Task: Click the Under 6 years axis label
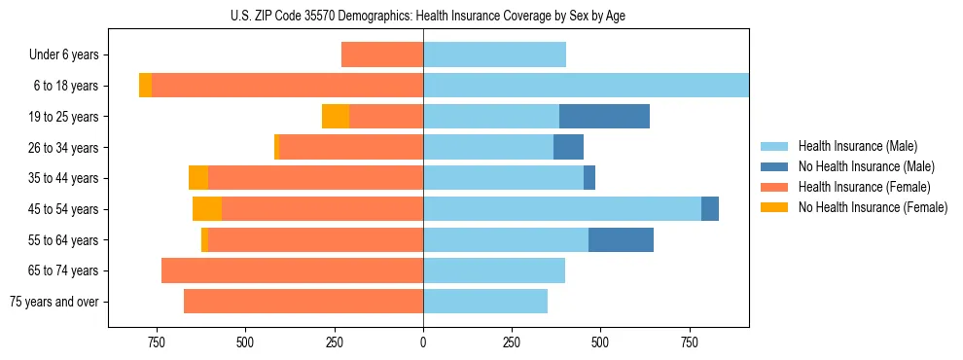pyautogui.click(x=63, y=54)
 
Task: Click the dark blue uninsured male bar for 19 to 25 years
pyautogui.click(x=604, y=117)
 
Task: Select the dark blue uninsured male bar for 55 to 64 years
pyautogui.click(x=621, y=239)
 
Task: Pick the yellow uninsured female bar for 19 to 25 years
pyautogui.click(x=336, y=117)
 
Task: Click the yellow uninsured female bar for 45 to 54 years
pyautogui.click(x=207, y=209)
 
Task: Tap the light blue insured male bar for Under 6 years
pyautogui.click(x=494, y=54)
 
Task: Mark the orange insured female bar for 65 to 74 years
pyautogui.click(x=292, y=270)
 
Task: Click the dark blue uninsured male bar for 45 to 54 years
pyautogui.click(x=710, y=209)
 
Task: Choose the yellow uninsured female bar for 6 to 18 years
pyautogui.click(x=145, y=86)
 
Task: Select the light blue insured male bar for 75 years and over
pyautogui.click(x=485, y=302)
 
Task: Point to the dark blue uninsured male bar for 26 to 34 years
pyautogui.click(x=568, y=147)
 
